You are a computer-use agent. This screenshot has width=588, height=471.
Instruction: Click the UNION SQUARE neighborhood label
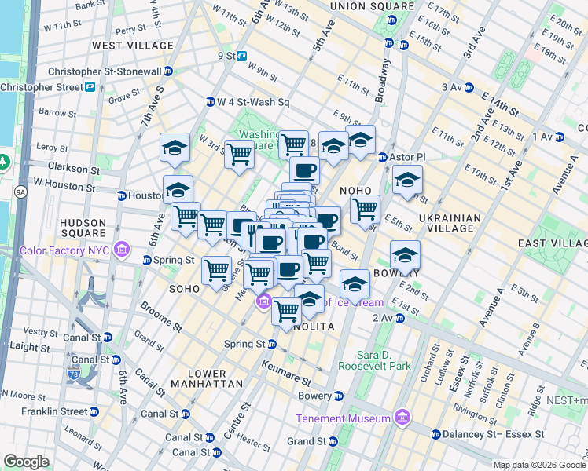pos(361,6)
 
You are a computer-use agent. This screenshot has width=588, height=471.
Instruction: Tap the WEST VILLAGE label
pos(132,46)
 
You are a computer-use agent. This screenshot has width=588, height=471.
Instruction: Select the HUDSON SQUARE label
pos(83,228)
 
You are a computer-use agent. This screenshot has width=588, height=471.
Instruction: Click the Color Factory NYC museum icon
pos(122,250)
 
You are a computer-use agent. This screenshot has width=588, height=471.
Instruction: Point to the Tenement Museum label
pos(343,418)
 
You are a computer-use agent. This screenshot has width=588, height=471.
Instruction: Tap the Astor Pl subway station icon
pos(384,157)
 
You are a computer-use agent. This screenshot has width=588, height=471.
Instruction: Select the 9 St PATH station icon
pos(243,56)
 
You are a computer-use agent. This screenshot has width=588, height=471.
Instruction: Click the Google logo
pos(26,462)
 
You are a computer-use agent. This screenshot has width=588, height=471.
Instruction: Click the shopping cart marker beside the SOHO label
pos(217,270)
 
